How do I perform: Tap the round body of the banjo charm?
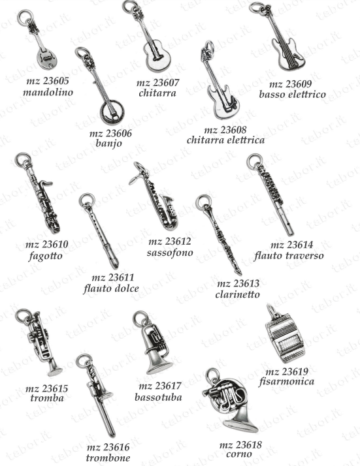(x=112, y=113)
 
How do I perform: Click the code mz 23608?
(x=225, y=130)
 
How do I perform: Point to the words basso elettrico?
(x=293, y=95)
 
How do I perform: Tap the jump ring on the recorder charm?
(x=87, y=200)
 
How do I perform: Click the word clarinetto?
(x=237, y=294)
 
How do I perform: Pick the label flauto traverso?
(x=289, y=256)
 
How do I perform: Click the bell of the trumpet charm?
(x=55, y=371)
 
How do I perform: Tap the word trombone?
(x=108, y=458)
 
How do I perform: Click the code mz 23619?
(x=287, y=372)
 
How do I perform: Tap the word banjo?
(x=109, y=144)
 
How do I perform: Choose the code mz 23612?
(x=170, y=241)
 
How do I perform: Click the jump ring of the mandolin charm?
(x=25, y=17)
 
